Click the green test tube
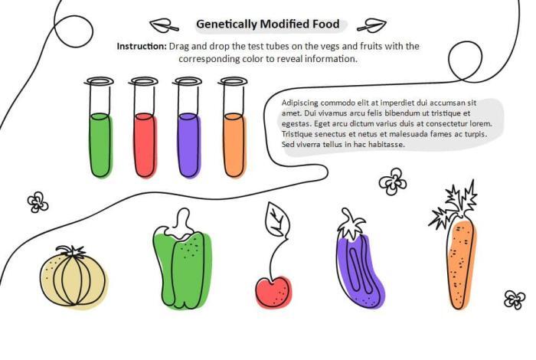click(100, 127)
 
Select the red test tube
click(144, 127)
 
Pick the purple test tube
click(188, 127)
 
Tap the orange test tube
click(234, 127)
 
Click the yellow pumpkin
click(74, 277)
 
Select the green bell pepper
click(182, 259)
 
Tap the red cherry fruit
click(274, 293)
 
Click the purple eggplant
click(360, 259)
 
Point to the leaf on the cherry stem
click(277, 220)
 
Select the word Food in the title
click(325, 24)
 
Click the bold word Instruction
click(142, 46)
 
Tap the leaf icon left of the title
click(164, 25)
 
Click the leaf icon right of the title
click(372, 25)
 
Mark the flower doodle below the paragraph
click(393, 182)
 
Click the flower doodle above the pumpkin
click(38, 202)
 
